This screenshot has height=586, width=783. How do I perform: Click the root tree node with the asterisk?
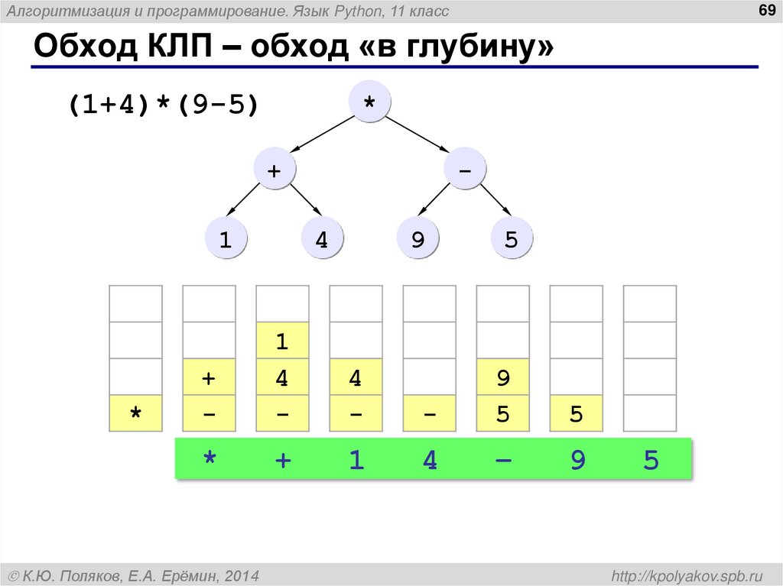click(x=369, y=102)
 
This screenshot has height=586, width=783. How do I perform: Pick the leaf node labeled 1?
click(x=226, y=240)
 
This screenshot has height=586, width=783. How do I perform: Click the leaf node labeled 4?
click(x=322, y=240)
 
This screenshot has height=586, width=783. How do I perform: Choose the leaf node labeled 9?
click(x=417, y=240)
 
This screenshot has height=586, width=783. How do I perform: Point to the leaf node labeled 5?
click(x=512, y=240)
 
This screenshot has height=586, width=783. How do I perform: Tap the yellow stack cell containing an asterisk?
click(x=136, y=413)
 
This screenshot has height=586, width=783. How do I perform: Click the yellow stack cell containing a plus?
click(x=209, y=377)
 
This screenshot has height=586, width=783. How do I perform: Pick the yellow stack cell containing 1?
click(x=282, y=341)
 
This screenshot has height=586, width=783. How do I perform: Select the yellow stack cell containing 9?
click(x=502, y=377)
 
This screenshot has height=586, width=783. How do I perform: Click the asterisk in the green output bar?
click(x=209, y=460)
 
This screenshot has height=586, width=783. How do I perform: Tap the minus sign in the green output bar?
click(x=502, y=460)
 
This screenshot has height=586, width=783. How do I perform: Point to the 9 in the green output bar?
click(x=577, y=460)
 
